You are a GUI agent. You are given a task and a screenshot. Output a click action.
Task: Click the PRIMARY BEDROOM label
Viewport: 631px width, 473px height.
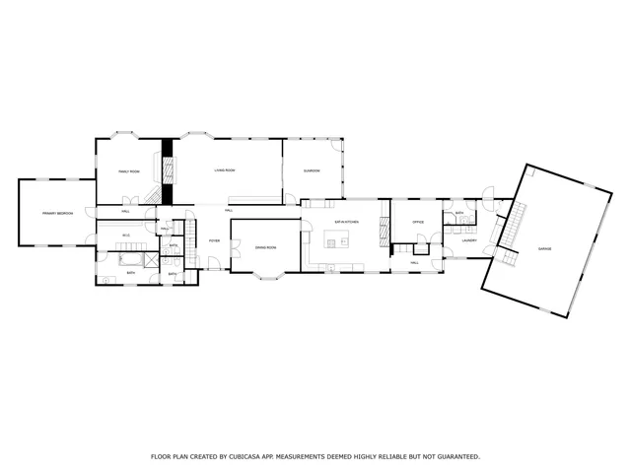pyautogui.click(x=57, y=213)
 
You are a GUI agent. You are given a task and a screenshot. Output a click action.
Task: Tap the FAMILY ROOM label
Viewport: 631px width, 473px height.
pyautogui.click(x=129, y=171)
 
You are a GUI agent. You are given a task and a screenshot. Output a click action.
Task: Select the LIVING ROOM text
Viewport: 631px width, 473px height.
pyautogui.click(x=225, y=170)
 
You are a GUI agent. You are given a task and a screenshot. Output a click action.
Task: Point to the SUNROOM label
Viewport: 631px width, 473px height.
pyautogui.click(x=312, y=170)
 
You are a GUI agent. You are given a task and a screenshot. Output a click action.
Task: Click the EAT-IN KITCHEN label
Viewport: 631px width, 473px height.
pyautogui.click(x=346, y=223)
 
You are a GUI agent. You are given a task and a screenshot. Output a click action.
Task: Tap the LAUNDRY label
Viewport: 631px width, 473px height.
pyautogui.click(x=469, y=240)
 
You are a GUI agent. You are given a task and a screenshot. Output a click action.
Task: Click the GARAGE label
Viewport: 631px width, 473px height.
pyautogui.click(x=544, y=248)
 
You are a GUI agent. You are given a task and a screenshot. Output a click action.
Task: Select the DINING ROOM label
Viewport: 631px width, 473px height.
pyautogui.click(x=265, y=247)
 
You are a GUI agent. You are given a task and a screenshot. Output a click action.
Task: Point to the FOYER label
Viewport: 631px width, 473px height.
pyautogui.click(x=213, y=240)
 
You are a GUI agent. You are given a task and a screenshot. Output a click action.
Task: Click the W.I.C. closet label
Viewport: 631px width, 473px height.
pyautogui.click(x=126, y=235)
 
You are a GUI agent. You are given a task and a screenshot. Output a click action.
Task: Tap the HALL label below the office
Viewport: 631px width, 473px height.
pyautogui.click(x=414, y=262)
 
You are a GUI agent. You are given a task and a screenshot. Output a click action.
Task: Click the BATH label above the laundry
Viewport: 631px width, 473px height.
pyautogui.click(x=459, y=213)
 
